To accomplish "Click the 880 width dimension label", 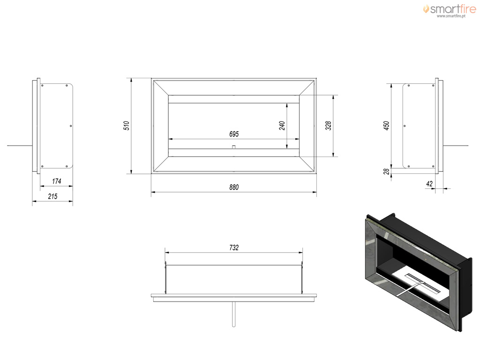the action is click(x=234, y=187).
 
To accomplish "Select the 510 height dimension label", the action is click(x=127, y=126).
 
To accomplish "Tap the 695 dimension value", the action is click(x=234, y=134).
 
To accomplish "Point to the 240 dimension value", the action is click(x=282, y=126).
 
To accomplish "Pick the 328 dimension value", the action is click(x=328, y=126).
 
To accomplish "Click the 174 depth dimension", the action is click(x=57, y=181).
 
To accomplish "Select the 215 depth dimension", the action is click(x=52, y=196).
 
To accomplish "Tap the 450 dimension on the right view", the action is click(x=386, y=126).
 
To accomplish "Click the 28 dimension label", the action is click(x=386, y=172).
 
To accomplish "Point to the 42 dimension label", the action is click(x=429, y=184).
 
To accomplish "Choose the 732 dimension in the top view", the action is click(x=234, y=247).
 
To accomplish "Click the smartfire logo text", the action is click(x=453, y=9).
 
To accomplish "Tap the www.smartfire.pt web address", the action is click(x=451, y=16).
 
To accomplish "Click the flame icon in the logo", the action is click(x=426, y=9).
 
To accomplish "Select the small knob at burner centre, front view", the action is click(x=233, y=147).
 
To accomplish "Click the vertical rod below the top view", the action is click(x=233, y=314).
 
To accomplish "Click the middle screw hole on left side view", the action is click(x=71, y=126).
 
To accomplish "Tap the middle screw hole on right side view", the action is click(x=405, y=126).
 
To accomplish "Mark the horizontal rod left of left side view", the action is click(x=20, y=145).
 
